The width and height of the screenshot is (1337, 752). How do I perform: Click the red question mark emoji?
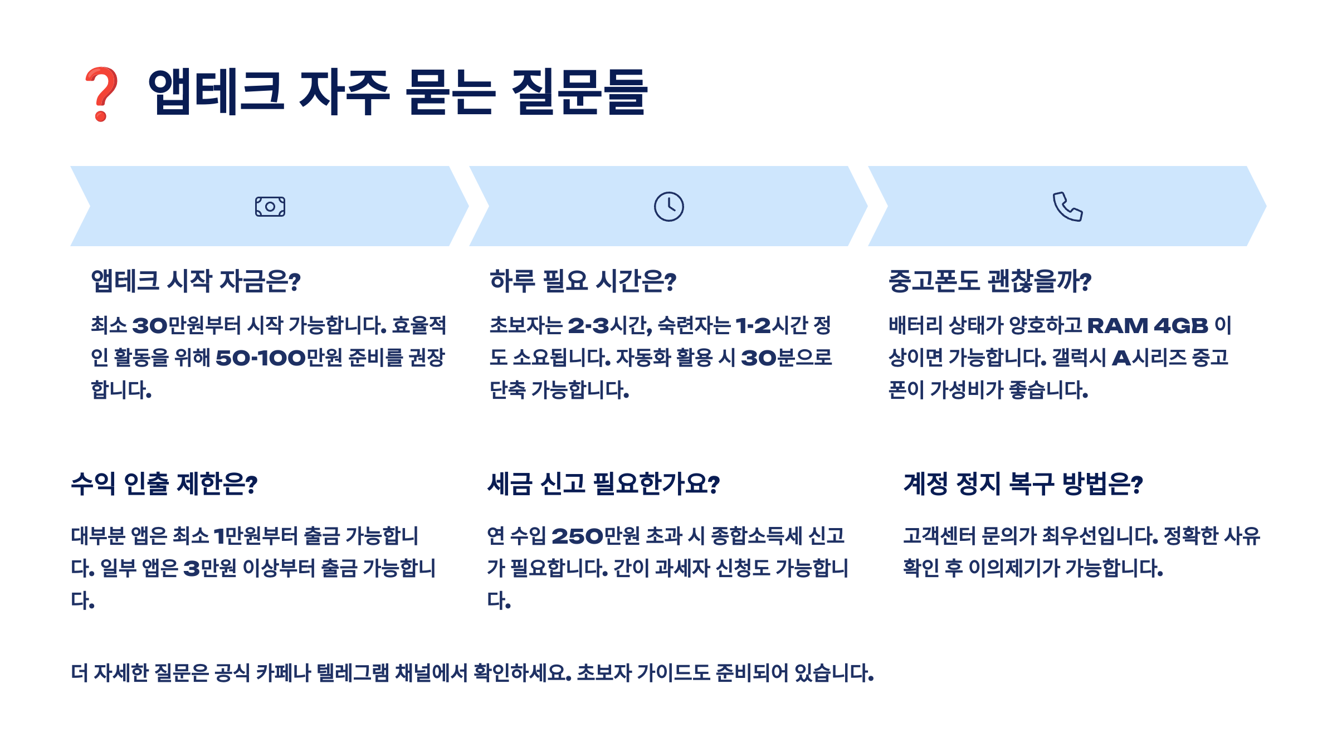(101, 94)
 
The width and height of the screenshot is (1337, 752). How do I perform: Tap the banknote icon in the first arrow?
(270, 207)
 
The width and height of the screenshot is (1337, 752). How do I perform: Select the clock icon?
(668, 207)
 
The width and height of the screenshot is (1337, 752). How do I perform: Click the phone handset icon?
(1067, 207)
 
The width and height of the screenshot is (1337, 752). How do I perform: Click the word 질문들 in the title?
(579, 92)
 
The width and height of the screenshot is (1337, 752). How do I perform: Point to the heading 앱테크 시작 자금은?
(196, 281)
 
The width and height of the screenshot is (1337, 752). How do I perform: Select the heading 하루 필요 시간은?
(583, 281)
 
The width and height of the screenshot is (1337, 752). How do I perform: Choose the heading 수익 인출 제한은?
(164, 484)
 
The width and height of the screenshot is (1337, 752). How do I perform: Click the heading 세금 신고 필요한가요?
(603, 484)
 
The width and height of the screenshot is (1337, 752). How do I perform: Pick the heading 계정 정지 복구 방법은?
(1023, 484)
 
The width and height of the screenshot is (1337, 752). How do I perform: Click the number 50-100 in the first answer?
(261, 358)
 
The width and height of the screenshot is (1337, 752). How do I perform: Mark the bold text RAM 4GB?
(1148, 325)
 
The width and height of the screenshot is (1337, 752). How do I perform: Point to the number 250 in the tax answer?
(577, 536)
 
